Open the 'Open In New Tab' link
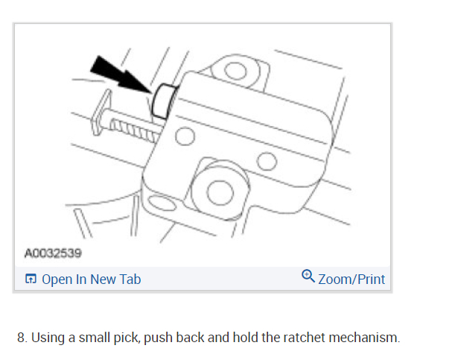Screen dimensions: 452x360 coord(91,280)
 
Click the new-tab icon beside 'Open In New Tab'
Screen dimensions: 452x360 coord(31,280)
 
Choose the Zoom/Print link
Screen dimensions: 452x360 coord(351,280)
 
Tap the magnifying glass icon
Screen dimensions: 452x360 coord(308,277)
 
